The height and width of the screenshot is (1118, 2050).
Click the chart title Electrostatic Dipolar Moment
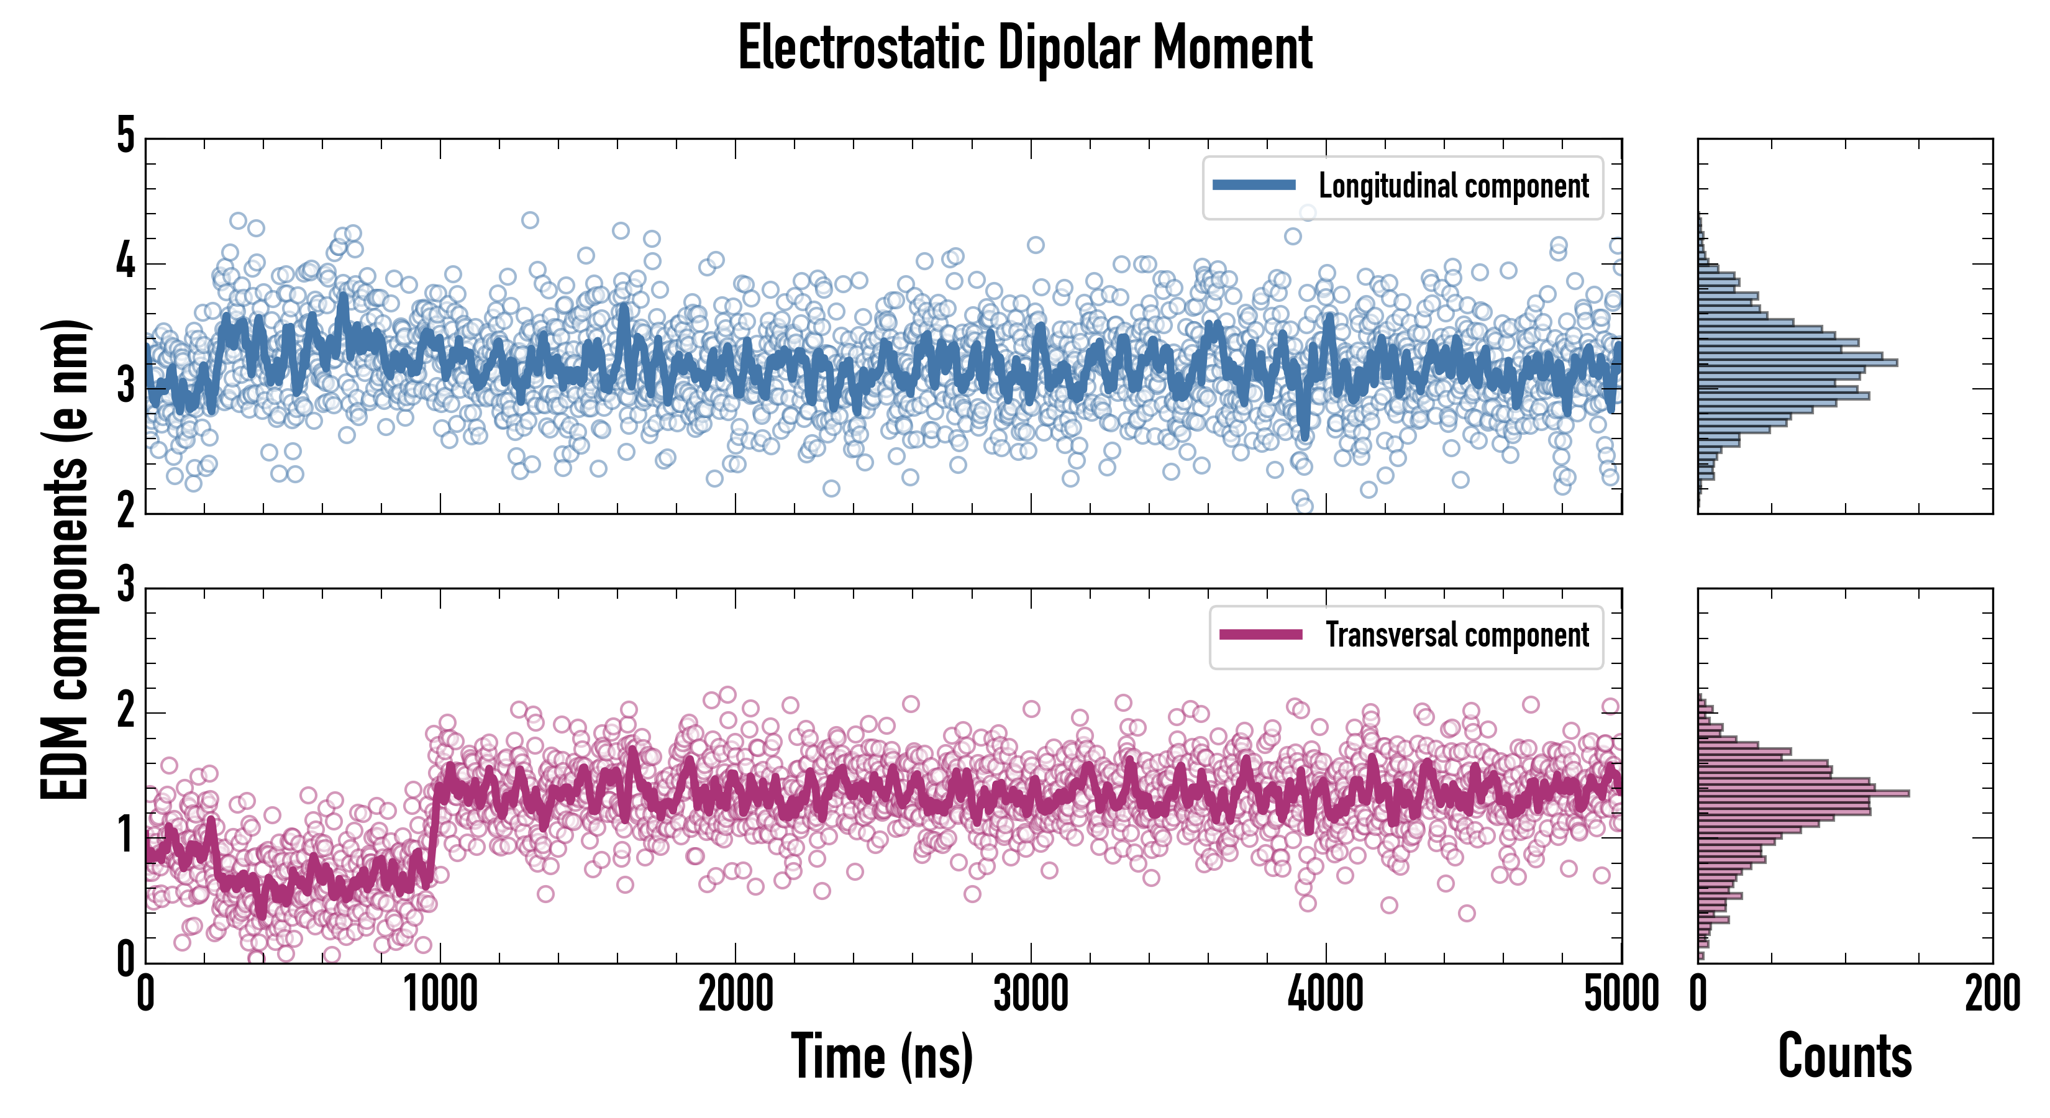1025,48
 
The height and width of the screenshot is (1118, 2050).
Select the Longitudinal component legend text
1453,186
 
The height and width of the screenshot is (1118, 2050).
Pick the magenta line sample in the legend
1260,634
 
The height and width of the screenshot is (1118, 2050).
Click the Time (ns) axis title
881,1056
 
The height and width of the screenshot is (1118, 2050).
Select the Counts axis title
1844,1056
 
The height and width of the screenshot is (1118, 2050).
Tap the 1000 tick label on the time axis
440,994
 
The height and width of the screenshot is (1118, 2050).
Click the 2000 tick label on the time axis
736,994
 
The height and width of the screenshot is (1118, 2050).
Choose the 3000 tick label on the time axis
1031,994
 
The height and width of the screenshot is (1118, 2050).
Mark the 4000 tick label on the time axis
1326,994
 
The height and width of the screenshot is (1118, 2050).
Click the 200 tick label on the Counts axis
1992,994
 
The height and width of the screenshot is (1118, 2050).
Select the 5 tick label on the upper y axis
125,136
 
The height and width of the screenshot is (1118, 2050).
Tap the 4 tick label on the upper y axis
125,261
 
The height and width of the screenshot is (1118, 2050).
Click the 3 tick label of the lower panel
125,585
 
